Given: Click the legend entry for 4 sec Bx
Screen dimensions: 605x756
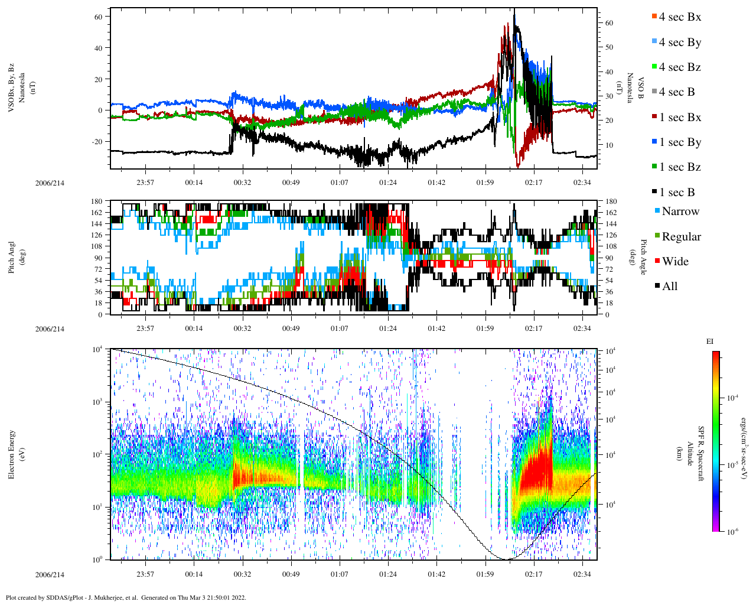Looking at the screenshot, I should (x=679, y=17).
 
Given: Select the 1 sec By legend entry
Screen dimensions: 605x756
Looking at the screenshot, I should (x=679, y=142).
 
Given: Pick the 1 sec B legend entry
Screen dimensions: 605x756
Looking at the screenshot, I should (x=677, y=193).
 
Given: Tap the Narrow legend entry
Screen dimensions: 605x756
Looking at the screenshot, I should (x=680, y=212).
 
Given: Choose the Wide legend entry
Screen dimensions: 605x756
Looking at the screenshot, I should (x=674, y=262).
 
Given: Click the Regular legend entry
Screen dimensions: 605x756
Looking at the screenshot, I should (x=680, y=237).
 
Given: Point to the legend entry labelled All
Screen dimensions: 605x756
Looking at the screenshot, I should (x=669, y=287).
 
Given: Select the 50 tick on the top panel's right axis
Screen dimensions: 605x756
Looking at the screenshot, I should (x=609, y=47).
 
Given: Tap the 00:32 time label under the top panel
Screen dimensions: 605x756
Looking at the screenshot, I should (x=242, y=183).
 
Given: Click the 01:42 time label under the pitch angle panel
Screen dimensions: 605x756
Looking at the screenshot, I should (x=436, y=328).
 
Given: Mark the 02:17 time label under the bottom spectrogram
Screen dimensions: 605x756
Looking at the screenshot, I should (x=534, y=574).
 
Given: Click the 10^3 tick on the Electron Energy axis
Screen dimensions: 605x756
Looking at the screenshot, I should (x=97, y=402).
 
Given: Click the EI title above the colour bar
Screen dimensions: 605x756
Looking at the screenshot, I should (x=710, y=341).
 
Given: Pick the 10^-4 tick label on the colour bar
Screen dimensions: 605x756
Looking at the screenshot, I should (x=732, y=398).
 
